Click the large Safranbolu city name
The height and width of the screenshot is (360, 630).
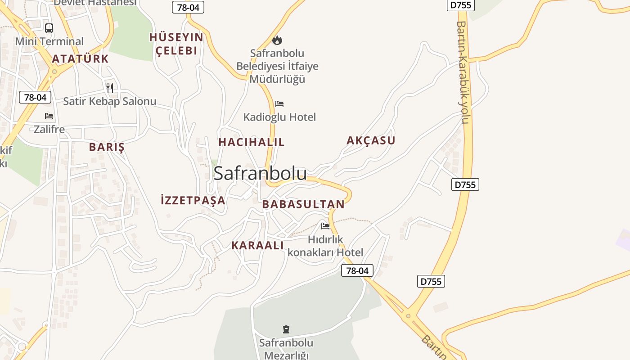click(x=260, y=173)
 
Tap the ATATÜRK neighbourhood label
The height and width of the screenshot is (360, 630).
click(x=81, y=59)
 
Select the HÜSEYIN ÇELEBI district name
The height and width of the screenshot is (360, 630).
click(x=176, y=44)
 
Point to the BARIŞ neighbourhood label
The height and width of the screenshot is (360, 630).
click(x=107, y=147)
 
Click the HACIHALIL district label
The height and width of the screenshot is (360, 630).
click(x=252, y=142)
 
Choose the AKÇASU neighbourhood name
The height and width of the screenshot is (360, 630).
click(x=371, y=140)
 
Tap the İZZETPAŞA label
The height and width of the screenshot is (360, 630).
click(x=193, y=200)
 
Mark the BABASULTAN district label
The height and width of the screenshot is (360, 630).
click(x=303, y=204)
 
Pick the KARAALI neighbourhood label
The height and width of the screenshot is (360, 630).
click(x=257, y=245)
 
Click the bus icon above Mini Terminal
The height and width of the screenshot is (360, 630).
click(x=49, y=28)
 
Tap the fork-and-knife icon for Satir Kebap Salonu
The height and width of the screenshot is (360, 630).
click(x=110, y=87)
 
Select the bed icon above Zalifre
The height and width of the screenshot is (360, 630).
click(x=49, y=116)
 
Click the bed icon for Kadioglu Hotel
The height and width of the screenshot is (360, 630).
click(x=279, y=104)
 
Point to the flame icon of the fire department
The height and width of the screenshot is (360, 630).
click(x=277, y=40)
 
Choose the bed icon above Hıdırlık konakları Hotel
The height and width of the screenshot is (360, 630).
click(x=325, y=226)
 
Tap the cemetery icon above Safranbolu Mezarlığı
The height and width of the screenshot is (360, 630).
click(x=286, y=329)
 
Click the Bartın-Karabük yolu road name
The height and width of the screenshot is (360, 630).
click(x=463, y=72)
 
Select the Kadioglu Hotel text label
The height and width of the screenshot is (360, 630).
click(x=279, y=117)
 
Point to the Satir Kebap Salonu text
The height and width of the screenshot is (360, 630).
click(x=110, y=101)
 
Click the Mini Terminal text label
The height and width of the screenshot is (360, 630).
click(x=49, y=41)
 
